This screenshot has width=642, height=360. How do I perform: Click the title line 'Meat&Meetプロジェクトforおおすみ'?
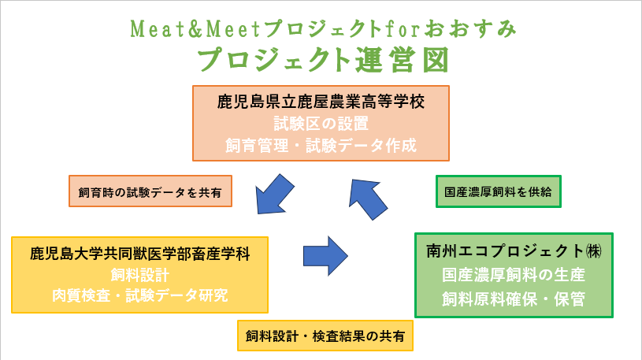pyautogui.click(x=324, y=29)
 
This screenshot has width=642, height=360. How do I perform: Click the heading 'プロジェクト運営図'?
pyautogui.click(x=324, y=60)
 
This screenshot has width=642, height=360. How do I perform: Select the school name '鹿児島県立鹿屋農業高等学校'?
pyautogui.click(x=321, y=102)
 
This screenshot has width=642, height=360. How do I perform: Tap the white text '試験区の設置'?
pyautogui.click(x=321, y=124)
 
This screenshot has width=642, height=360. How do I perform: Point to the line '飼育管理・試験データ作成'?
pyautogui.click(x=321, y=146)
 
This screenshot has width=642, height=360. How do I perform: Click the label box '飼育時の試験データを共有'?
pyautogui.click(x=150, y=191)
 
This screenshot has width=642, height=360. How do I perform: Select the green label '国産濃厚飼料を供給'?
pyautogui.click(x=499, y=191)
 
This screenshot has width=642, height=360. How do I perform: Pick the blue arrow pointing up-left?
pyautogui.click(x=367, y=199)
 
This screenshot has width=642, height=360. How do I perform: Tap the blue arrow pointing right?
pyautogui.click(x=325, y=256)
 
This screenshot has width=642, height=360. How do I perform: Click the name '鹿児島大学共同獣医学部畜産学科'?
pyautogui.click(x=140, y=254)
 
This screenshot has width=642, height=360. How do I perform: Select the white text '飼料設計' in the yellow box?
pyautogui.click(x=140, y=275)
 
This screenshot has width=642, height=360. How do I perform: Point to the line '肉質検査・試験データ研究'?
pyautogui.click(x=140, y=295)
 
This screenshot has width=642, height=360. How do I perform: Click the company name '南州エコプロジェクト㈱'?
pyautogui.click(x=514, y=251)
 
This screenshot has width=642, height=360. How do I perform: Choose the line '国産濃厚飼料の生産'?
pyautogui.click(x=514, y=275)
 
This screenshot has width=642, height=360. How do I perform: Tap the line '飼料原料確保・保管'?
pyautogui.click(x=514, y=299)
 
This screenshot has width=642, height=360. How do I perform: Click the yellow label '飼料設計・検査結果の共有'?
pyautogui.click(x=325, y=336)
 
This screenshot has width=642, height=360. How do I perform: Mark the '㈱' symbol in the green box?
pyautogui.click(x=594, y=251)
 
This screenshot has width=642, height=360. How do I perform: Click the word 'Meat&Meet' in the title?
pyautogui.click(x=195, y=29)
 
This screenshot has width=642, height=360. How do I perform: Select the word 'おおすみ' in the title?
pyautogui.click(x=470, y=29)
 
